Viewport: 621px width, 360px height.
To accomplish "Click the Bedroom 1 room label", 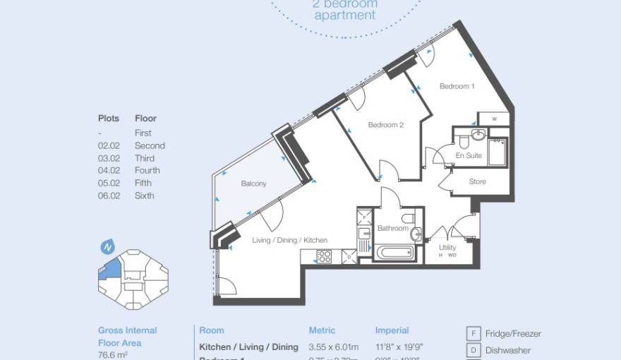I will click(x=457, y=86).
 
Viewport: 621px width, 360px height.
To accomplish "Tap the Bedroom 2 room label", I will click(x=385, y=125).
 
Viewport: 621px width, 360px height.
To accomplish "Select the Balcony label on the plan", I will click(x=253, y=184).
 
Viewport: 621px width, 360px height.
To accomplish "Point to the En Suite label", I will click(x=469, y=155).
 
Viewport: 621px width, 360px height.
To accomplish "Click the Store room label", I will click(x=477, y=181).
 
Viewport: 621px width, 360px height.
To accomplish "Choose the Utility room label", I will click(x=447, y=248).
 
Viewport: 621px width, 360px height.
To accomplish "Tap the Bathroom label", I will click(x=392, y=228).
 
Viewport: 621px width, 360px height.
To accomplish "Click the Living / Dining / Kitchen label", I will click(x=289, y=241).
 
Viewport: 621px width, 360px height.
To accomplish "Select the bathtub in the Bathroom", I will click(x=396, y=253).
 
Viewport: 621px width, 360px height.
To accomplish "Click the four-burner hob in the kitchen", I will click(x=323, y=257).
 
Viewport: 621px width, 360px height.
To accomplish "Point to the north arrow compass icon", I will click(x=108, y=247).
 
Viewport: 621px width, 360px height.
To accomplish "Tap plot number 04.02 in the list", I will click(x=109, y=170).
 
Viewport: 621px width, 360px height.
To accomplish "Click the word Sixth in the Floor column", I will click(x=144, y=196).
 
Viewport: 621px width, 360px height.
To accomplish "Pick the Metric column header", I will click(x=322, y=330).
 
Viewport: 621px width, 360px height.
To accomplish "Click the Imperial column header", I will click(x=392, y=330).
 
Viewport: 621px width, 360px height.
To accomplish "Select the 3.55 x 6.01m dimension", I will click(x=333, y=347).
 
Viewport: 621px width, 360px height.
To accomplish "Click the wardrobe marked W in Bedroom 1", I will click(x=494, y=118).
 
